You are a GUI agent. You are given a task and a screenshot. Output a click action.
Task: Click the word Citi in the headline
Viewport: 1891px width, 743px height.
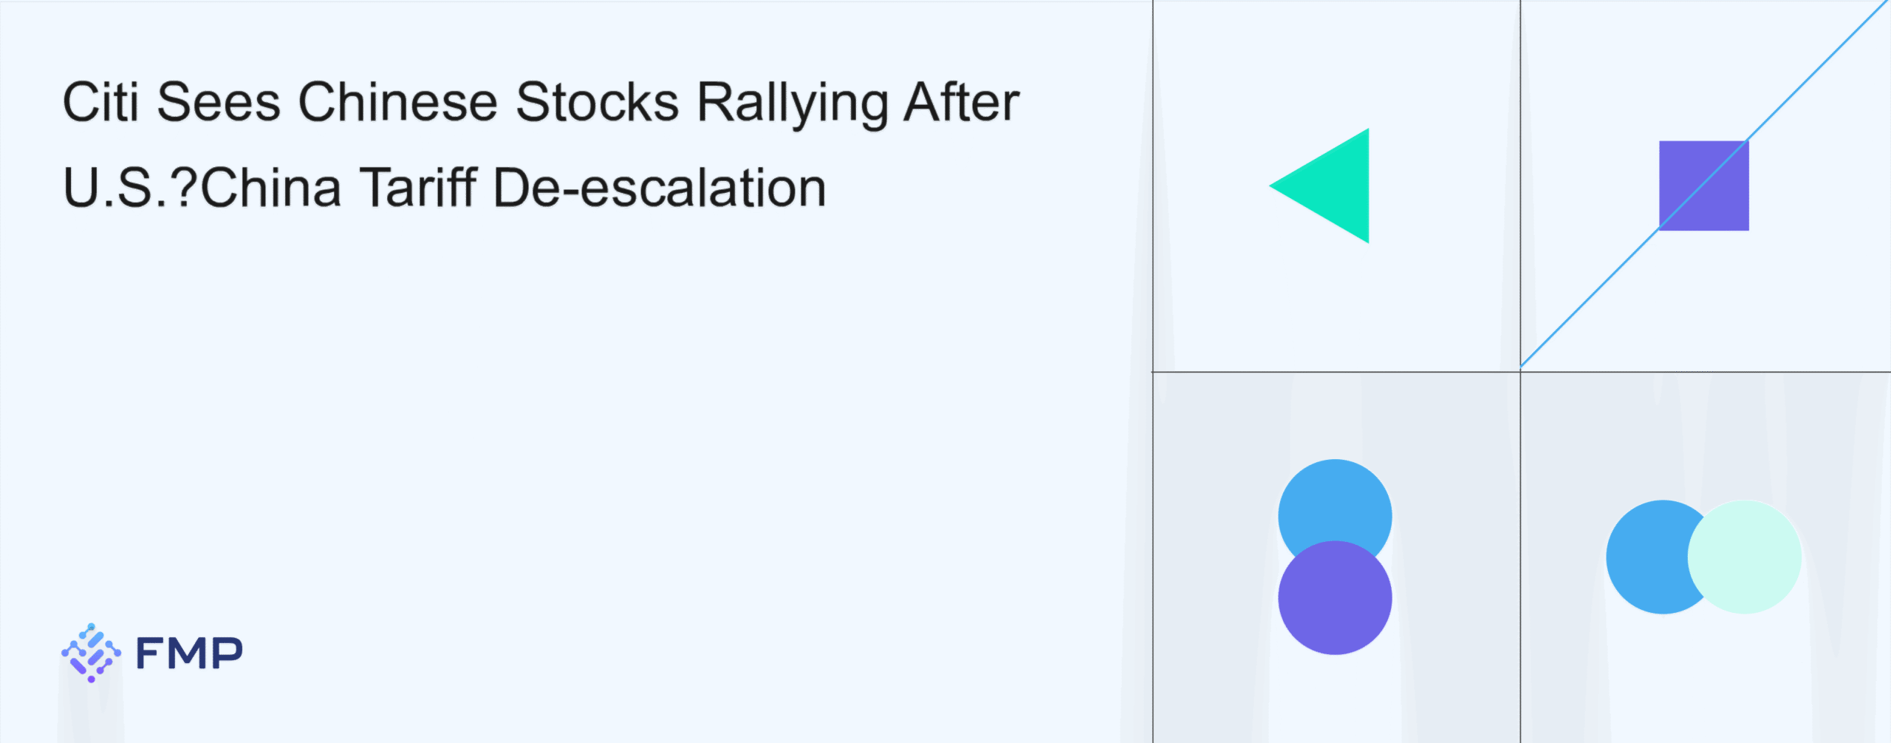pos(100,102)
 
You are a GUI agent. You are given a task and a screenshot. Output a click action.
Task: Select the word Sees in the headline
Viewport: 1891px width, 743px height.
pos(219,102)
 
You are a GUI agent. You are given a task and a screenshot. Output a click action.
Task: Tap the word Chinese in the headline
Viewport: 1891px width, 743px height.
pos(398,102)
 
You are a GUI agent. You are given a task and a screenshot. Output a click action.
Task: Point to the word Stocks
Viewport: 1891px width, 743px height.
pos(597,102)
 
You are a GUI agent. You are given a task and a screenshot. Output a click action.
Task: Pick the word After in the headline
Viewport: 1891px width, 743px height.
pos(962,102)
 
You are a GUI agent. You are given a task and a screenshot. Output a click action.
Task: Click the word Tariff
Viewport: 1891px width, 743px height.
pos(418,187)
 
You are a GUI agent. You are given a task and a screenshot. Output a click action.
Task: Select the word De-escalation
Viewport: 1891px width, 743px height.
pos(660,187)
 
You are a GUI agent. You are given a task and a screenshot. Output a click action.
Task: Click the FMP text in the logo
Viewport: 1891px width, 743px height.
pos(189,653)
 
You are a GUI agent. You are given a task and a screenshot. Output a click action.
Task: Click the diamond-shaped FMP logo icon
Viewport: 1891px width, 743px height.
pos(91,653)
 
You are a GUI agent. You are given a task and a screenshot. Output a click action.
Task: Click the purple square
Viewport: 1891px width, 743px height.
pos(1704,186)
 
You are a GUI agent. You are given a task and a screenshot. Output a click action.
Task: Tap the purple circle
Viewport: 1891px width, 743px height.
pos(1335,598)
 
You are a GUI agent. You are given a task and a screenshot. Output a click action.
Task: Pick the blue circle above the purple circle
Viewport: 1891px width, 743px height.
pos(1335,503)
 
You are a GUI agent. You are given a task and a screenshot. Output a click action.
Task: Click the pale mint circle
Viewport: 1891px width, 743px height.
pos(1745,557)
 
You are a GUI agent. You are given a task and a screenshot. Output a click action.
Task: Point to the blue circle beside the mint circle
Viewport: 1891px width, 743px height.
pos(1647,557)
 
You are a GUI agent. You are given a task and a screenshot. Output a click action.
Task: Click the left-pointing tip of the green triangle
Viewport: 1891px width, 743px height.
pos(1271,186)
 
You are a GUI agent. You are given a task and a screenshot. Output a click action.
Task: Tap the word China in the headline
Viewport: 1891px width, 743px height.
pos(271,187)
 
